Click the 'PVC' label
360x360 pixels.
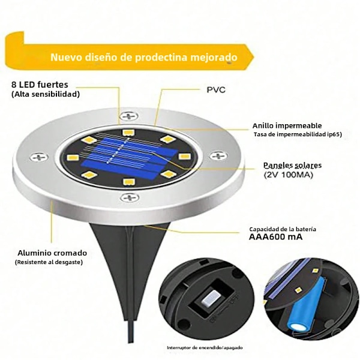[x=216, y=89]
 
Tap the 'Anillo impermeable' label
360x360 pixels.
[x=287, y=125]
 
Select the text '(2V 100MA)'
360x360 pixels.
[x=289, y=175]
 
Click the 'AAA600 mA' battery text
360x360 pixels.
[x=276, y=237]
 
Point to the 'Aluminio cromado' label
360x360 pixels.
[x=52, y=253]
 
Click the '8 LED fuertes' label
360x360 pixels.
[x=40, y=85]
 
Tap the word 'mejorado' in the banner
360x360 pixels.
[x=214, y=57]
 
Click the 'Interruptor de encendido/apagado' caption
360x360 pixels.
[x=205, y=347]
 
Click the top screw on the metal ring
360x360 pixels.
[x=130, y=116]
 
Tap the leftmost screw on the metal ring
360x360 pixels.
[x=39, y=157]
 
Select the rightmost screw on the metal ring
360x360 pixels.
[x=218, y=156]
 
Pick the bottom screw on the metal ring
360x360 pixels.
[x=130, y=197]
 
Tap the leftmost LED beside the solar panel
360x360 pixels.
[x=73, y=157]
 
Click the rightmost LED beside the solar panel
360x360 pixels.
[x=184, y=157]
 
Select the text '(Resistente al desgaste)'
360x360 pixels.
[x=49, y=262]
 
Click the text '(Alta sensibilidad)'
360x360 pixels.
[x=46, y=94]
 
